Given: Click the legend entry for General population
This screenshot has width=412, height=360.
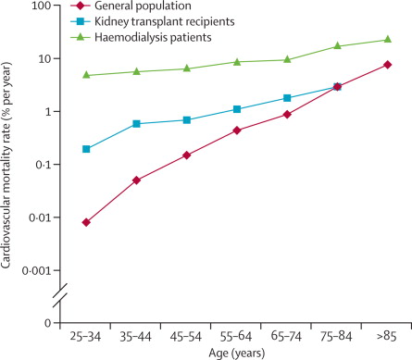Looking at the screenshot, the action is (x=143, y=6).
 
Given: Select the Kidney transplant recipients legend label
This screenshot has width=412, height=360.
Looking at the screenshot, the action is (x=164, y=21).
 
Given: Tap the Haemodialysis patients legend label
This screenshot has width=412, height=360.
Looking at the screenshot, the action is (x=153, y=37).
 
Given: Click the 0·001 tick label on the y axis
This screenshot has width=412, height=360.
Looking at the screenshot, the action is (x=36, y=270).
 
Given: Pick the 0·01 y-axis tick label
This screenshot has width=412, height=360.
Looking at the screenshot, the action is (x=40, y=217).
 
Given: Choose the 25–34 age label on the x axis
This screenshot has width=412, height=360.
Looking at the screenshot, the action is (x=85, y=336).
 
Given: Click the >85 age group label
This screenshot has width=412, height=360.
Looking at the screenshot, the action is (x=386, y=336).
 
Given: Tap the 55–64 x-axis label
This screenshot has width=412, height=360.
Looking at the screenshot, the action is (x=236, y=336).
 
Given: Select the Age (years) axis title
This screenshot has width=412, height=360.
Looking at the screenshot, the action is (x=237, y=353).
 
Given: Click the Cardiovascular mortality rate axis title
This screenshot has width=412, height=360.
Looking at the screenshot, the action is (x=6, y=166).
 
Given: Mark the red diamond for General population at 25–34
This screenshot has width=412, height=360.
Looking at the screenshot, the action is (x=86, y=222).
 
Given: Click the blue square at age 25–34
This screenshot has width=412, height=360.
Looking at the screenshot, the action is (x=86, y=149).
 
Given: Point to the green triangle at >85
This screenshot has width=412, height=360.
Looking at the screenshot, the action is (x=388, y=39).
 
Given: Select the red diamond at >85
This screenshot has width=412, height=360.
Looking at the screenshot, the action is (x=388, y=65).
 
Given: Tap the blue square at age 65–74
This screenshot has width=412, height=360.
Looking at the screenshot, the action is (x=287, y=98).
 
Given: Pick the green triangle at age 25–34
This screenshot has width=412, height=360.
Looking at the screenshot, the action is (x=86, y=75).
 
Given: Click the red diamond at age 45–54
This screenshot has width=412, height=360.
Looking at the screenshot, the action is (x=187, y=155).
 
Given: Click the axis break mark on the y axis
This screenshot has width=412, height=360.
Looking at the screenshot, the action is (x=60, y=296).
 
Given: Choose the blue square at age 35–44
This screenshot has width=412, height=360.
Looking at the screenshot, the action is (x=136, y=124).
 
